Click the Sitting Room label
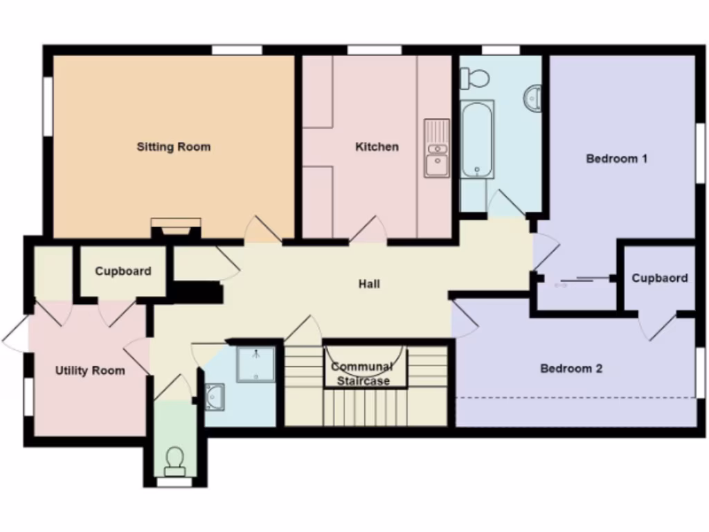tap(173, 147)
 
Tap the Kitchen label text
tap(377, 147)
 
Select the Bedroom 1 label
tap(616, 159)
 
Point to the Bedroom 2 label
tap(571, 369)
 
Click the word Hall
tap(368, 284)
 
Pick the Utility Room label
tap(90, 371)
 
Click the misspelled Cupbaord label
tap(659, 278)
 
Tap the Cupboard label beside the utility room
tap(123, 272)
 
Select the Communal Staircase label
tap(361, 374)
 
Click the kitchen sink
tap(436, 148)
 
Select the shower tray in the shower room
tap(255, 364)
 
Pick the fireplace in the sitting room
tap(176, 227)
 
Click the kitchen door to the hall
tap(368, 229)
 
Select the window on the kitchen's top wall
tap(374, 50)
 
